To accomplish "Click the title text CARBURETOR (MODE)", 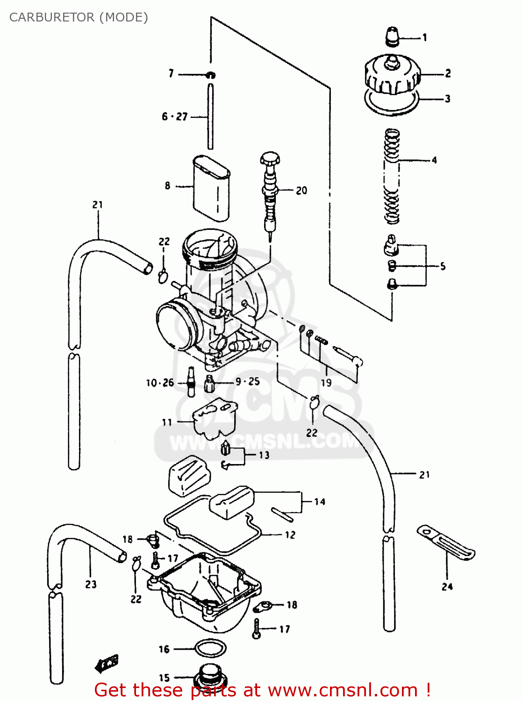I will [x=79, y=17].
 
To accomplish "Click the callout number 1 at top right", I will [x=424, y=37].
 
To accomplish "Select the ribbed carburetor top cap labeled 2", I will [x=392, y=76].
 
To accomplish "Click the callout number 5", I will [x=443, y=266].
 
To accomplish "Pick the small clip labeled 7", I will [x=211, y=75].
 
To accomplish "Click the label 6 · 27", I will [x=174, y=117].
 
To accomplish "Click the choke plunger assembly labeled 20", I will [x=271, y=192].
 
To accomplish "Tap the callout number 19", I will [x=326, y=382].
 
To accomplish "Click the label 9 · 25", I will [x=248, y=381].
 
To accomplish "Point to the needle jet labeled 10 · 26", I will [x=191, y=381].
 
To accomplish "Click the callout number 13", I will [x=264, y=455].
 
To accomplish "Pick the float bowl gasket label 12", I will [x=290, y=535].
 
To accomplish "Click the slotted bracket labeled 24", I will [x=446, y=543].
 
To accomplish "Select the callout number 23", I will [x=91, y=584].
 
